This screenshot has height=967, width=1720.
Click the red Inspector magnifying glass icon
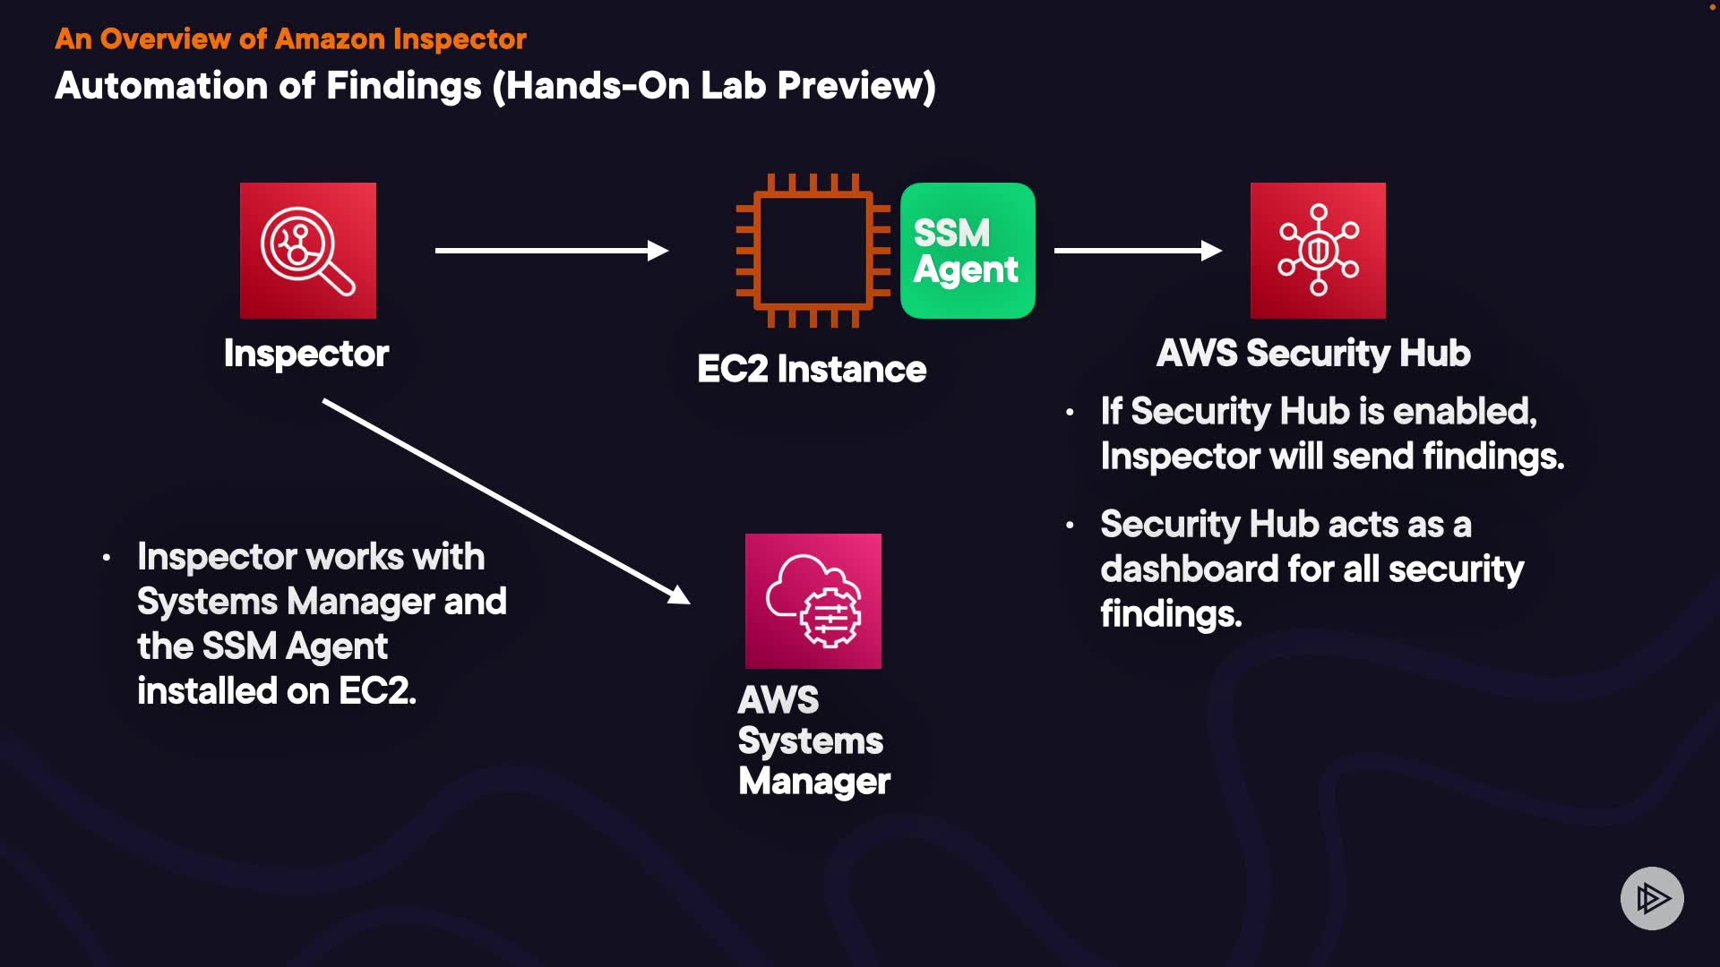(x=308, y=251)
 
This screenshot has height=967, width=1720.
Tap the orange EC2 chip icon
(x=812, y=251)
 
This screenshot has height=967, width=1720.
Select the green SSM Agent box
(x=967, y=251)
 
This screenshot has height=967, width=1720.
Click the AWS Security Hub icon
(x=1318, y=251)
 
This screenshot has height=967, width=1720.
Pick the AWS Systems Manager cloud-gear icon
(x=813, y=601)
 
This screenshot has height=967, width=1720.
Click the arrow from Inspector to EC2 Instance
(x=551, y=251)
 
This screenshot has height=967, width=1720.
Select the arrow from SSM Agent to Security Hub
(x=1138, y=251)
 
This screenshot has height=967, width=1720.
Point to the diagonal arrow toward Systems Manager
(x=506, y=501)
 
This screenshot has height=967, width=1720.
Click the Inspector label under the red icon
(x=306, y=354)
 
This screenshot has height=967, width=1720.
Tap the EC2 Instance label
(x=812, y=369)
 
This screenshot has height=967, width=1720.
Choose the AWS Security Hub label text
(x=1313, y=353)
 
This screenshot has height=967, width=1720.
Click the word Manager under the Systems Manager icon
(x=814, y=782)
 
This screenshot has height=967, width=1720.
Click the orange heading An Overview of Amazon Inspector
(x=290, y=39)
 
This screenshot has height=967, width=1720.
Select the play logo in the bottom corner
(x=1652, y=898)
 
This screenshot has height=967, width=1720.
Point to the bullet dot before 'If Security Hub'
(x=1070, y=413)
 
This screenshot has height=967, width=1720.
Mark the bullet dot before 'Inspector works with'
(x=107, y=558)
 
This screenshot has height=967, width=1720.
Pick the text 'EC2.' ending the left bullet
(x=377, y=691)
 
